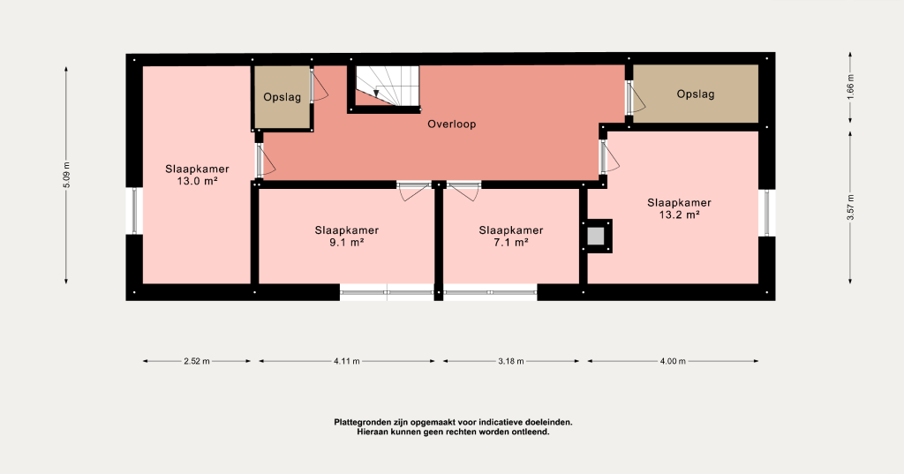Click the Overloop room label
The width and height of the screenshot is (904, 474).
[451, 124]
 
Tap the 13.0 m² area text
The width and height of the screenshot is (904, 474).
[197, 181]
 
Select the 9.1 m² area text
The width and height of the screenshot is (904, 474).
[346, 242]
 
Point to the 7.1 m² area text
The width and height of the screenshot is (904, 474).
[511, 242]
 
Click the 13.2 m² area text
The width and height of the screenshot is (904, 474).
[679, 215]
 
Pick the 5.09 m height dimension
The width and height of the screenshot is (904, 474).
[66, 176]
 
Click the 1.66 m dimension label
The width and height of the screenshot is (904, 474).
[850, 87]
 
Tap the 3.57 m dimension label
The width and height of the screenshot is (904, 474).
[850, 207]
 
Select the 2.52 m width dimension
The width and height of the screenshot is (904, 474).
[197, 362]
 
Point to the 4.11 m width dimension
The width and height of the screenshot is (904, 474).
[346, 362]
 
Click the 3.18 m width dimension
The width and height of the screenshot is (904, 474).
[511, 362]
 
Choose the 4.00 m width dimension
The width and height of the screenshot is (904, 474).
[673, 362]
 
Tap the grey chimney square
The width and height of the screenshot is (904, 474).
[596, 236]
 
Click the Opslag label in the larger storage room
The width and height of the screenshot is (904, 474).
[696, 94]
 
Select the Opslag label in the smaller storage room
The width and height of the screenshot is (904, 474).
[282, 97]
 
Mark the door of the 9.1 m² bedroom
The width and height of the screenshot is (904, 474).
[414, 191]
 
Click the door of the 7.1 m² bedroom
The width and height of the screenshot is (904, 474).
[464, 191]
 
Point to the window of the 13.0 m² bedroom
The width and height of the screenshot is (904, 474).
[134, 211]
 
